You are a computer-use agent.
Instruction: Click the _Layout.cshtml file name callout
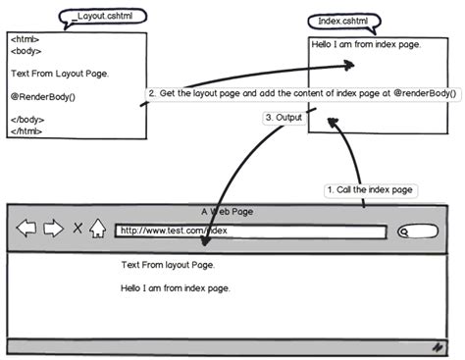(x=104, y=17)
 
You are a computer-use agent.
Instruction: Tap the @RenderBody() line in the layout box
(x=43, y=96)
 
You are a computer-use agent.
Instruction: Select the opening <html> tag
(x=26, y=40)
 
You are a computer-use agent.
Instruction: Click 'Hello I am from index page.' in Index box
(x=366, y=44)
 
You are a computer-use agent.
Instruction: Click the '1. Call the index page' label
(x=368, y=188)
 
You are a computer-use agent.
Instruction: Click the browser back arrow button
(x=26, y=231)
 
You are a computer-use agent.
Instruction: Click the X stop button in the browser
(x=77, y=231)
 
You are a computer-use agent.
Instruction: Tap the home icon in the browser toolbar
(x=97, y=230)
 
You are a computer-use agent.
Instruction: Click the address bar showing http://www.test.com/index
(x=250, y=231)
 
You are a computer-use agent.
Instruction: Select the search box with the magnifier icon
(x=419, y=232)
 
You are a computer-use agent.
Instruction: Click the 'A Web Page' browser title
(x=228, y=211)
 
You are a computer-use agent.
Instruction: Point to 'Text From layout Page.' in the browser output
(x=168, y=265)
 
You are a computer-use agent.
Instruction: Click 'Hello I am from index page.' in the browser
(x=175, y=288)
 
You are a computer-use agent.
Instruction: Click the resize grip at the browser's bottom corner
(x=437, y=346)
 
